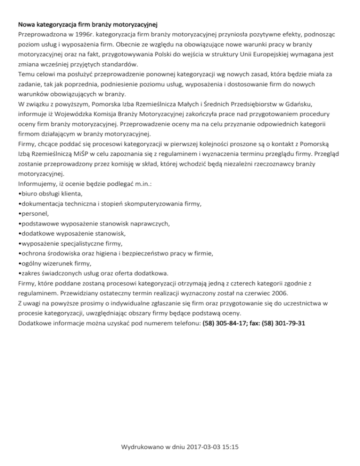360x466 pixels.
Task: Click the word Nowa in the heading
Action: point(26,24)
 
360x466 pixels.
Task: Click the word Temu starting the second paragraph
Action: point(26,75)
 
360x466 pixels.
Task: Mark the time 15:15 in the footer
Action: point(231,447)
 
